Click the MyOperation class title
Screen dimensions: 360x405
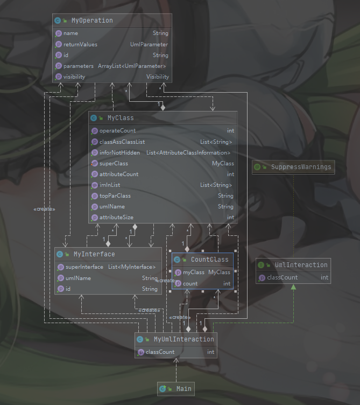92,20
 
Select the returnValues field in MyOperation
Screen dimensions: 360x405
80,44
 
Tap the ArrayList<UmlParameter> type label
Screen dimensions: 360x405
132,66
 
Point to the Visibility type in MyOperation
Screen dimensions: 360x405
157,76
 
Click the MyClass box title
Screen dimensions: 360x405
121,117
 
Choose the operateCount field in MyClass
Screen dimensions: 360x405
117,130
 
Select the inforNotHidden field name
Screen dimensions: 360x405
119,152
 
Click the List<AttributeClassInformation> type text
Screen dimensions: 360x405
188,152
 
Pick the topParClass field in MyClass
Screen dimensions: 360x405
115,195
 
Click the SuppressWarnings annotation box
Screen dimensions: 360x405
300,167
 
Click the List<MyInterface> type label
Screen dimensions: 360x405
132,267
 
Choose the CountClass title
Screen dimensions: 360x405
209,260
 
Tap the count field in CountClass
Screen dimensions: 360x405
190,283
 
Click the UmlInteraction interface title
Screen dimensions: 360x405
301,265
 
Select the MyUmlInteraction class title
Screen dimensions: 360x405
183,339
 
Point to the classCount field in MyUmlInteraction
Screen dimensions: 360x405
159,352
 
